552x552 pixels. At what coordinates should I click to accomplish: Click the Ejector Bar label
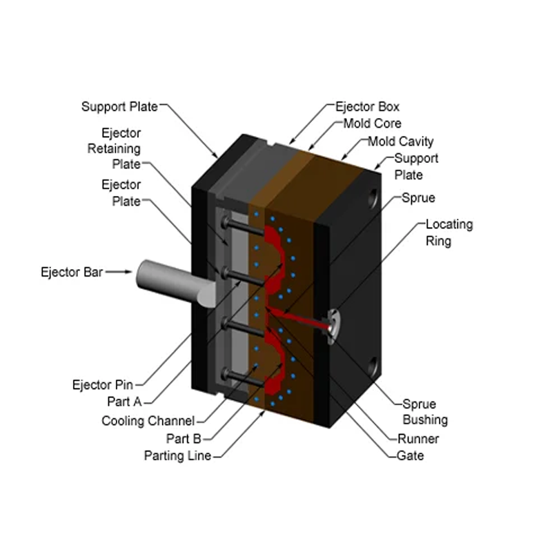click(x=72, y=272)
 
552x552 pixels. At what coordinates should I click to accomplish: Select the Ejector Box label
click(x=367, y=107)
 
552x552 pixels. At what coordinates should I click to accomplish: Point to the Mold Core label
click(x=372, y=124)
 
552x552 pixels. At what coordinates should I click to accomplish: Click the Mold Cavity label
click(x=400, y=141)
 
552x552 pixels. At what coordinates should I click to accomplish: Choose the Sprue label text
click(x=418, y=198)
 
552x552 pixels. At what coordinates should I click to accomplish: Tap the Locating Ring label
click(x=448, y=233)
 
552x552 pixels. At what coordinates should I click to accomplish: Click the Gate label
click(x=411, y=455)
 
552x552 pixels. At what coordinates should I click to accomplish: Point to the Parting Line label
click(x=177, y=455)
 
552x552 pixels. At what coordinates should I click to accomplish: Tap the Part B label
click(x=184, y=438)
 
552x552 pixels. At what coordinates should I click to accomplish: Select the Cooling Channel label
click(x=148, y=421)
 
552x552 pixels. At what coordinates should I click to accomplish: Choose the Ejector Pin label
click(x=103, y=384)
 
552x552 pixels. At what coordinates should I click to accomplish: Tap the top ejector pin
click(x=241, y=228)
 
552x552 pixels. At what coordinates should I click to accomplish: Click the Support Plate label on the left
click(x=120, y=106)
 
